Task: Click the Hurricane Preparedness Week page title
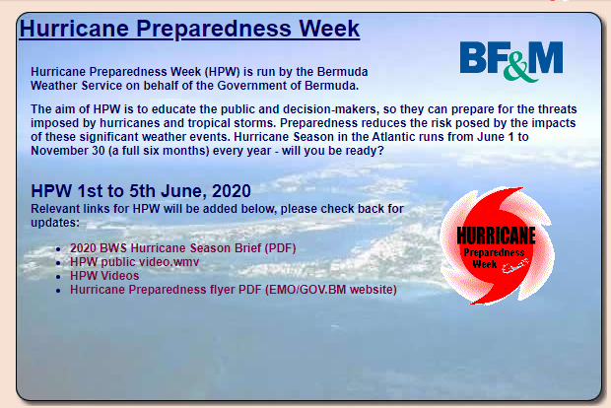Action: pyautogui.click(x=189, y=28)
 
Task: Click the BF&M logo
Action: pyautogui.click(x=511, y=61)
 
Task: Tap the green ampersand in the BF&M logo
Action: pyautogui.click(x=519, y=69)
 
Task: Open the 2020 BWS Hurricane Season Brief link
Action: pyautogui.click(x=182, y=247)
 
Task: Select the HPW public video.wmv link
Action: pyautogui.click(x=134, y=262)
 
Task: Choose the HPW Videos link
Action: pyautogui.click(x=104, y=276)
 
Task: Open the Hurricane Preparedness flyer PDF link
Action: pyautogui.click(x=234, y=290)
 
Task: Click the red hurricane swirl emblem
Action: pyautogui.click(x=498, y=245)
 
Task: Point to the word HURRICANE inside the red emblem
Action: pyautogui.click(x=496, y=236)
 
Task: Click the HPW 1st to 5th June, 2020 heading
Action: pyautogui.click(x=141, y=191)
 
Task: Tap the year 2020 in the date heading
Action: pyautogui.click(x=232, y=191)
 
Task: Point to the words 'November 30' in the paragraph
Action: pyautogui.click(x=68, y=151)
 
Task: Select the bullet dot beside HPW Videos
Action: pyautogui.click(x=58, y=277)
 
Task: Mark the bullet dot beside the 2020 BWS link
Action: pyautogui.click(x=58, y=249)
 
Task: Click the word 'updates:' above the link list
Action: pyautogui.click(x=55, y=223)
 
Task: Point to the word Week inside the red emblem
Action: pyautogui.click(x=484, y=264)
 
